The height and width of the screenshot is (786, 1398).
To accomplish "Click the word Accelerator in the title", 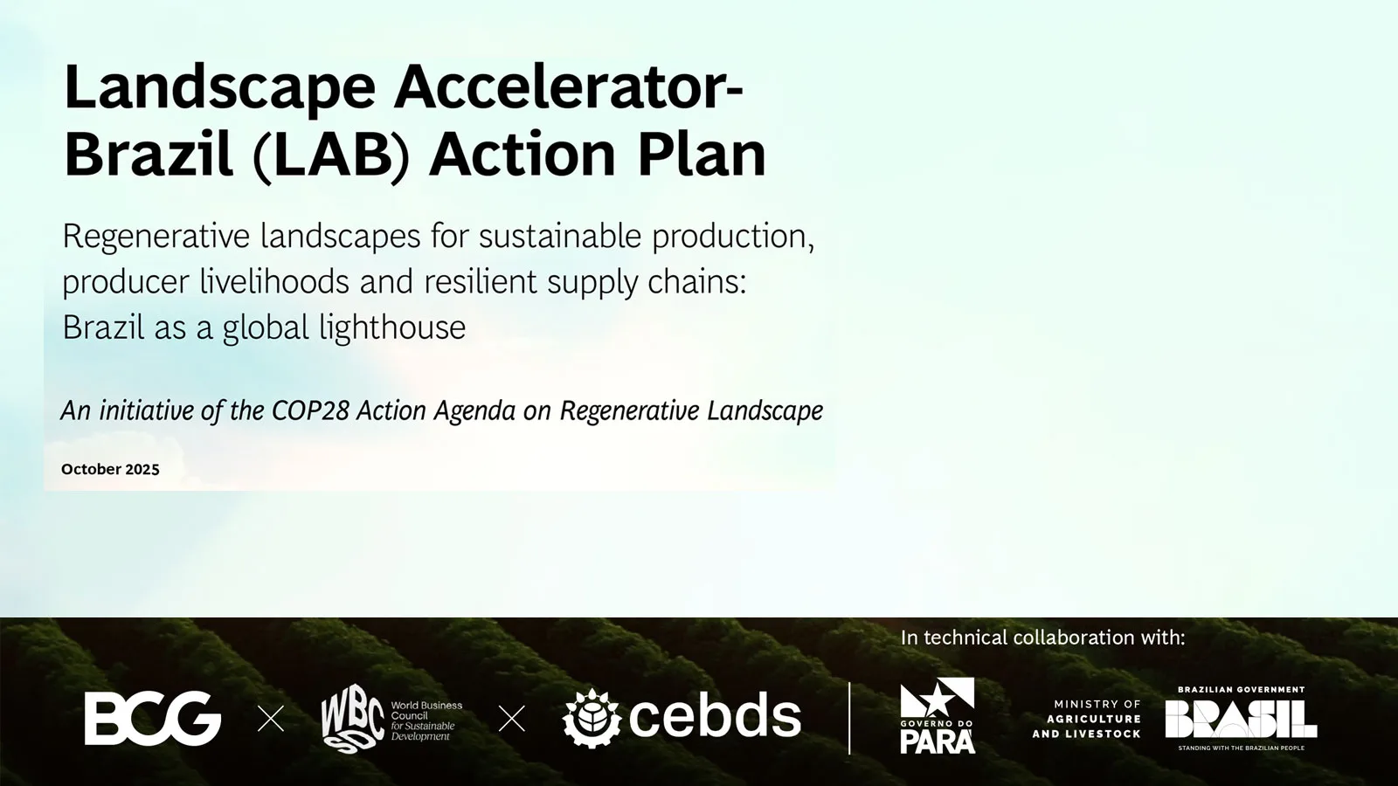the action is (568, 87).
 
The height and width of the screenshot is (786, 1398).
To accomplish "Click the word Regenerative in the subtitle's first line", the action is (156, 238).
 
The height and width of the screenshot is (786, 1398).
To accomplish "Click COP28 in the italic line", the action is (310, 410).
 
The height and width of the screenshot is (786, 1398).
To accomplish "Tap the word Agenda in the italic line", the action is (474, 410).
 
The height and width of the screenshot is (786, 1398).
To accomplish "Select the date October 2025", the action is (110, 469).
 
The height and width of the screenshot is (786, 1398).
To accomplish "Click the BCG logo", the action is (153, 718).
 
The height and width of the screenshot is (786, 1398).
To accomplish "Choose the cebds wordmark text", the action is (716, 717).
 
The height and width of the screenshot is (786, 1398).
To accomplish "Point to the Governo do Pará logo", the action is (938, 715).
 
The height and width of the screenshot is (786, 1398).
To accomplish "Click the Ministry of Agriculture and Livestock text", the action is (1087, 719).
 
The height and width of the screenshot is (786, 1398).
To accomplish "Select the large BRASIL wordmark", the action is (1242, 719).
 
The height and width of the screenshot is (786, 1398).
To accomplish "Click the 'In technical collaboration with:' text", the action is (1043, 638).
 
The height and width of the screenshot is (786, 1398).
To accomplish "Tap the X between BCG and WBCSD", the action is (271, 719).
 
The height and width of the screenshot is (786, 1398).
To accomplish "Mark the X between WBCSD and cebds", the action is (512, 719).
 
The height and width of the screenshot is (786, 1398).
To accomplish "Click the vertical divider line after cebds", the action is (849, 718).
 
